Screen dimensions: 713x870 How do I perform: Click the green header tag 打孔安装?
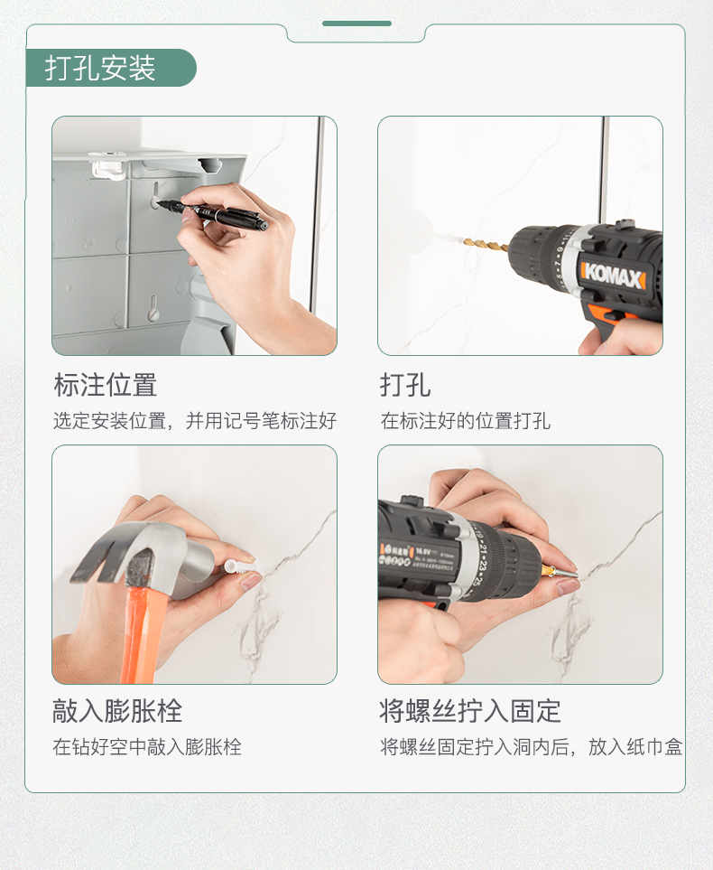point(111,68)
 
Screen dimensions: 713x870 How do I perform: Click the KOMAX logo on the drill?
point(613,274)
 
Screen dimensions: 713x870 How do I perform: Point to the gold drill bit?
point(486,244)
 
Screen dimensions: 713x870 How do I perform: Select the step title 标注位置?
point(106,385)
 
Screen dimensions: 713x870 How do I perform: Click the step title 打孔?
point(405,385)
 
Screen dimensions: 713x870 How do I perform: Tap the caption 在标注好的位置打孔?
point(465,421)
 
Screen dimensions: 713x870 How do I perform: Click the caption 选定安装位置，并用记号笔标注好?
point(195,421)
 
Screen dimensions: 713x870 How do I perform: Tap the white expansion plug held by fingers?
point(240,567)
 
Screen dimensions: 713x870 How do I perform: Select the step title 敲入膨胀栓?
point(117,711)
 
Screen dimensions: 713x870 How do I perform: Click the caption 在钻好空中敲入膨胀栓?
point(147,747)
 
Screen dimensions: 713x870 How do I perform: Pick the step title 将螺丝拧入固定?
point(470,711)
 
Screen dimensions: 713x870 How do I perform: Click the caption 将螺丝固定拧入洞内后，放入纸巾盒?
point(532,747)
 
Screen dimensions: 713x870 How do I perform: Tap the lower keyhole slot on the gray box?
point(154,308)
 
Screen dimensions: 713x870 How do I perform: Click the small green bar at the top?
point(356,23)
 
